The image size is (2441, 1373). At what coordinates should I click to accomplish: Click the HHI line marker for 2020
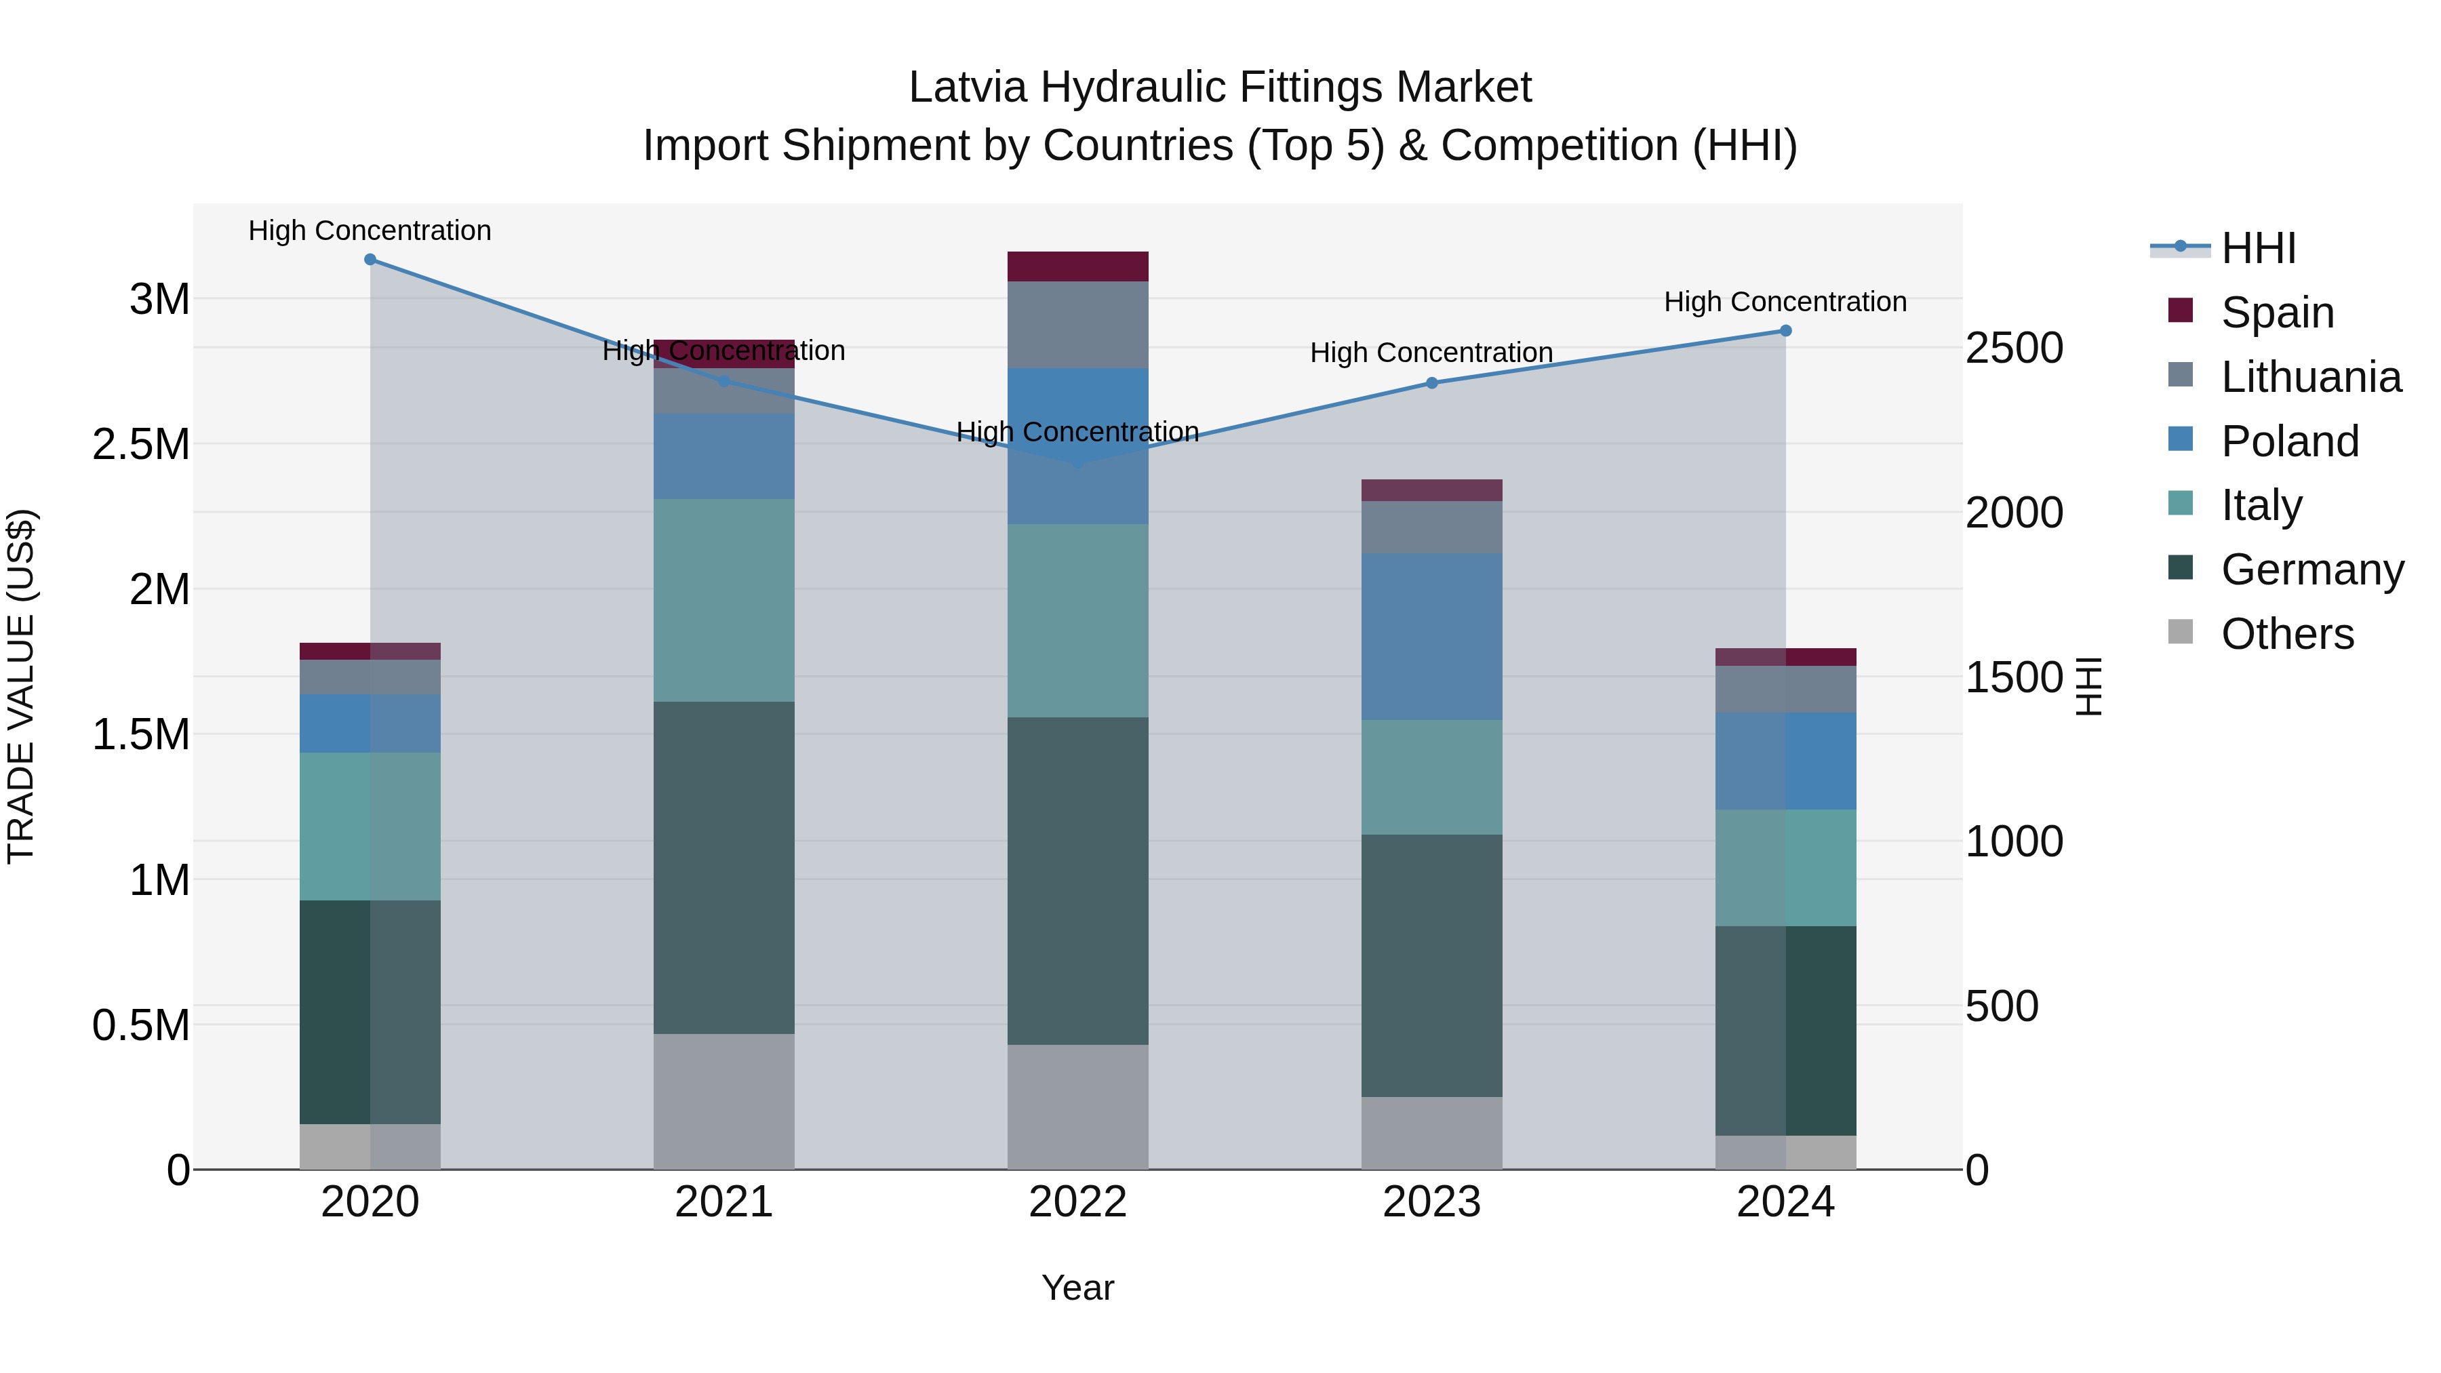pos(370,260)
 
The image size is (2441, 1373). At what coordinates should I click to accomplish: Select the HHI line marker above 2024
pos(1785,331)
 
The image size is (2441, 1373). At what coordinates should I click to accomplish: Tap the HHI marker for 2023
pos(1432,383)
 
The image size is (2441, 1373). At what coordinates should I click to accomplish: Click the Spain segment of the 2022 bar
pos(1077,266)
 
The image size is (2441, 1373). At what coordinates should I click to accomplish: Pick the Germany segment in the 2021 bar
pos(724,867)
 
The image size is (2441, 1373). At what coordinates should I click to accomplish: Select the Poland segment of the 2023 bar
pos(1432,637)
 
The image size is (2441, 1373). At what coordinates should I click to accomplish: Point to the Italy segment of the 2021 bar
pos(724,600)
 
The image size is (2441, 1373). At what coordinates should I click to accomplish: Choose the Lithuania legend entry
pos(2310,377)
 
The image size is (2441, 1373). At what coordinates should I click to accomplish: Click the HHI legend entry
pos(2258,248)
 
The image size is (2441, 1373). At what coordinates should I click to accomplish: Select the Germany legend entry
pos(2312,570)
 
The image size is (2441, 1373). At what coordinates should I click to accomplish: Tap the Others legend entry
pos(2286,634)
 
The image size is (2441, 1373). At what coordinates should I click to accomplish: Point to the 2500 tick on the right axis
pos(2014,348)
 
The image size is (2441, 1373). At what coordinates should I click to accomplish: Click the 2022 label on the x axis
pos(1077,1202)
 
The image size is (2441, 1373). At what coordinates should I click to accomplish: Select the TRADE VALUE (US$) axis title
pos(21,686)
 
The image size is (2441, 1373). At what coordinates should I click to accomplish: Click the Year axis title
pos(1077,1288)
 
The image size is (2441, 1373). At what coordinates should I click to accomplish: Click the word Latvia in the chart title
pos(966,87)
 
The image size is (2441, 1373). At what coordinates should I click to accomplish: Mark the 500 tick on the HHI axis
pos(2002,1006)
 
